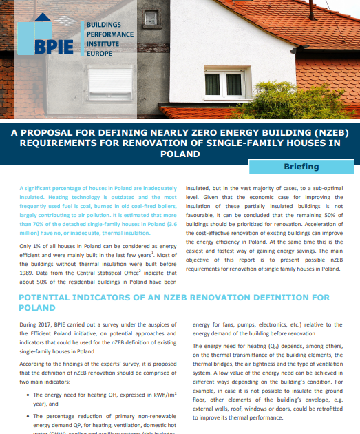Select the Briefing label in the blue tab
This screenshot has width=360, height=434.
click(301, 167)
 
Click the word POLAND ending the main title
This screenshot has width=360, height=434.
click(179, 154)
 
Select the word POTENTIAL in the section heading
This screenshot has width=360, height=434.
click(47, 298)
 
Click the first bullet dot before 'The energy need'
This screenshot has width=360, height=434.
click(26, 395)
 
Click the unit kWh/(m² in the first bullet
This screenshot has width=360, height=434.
click(156, 395)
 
